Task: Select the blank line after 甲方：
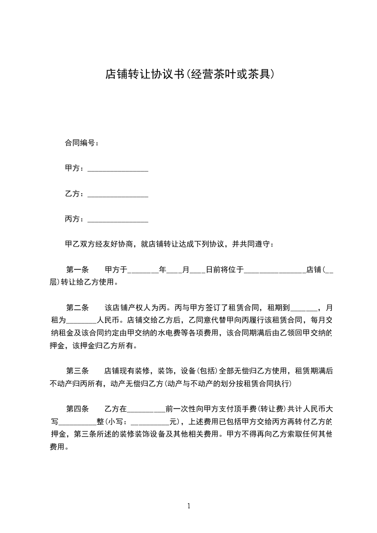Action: (118, 169)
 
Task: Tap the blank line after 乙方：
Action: (118, 194)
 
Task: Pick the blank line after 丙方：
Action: (118, 219)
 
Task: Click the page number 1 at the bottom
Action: (189, 506)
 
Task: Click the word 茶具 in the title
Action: (260, 74)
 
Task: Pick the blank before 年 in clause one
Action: (143, 270)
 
